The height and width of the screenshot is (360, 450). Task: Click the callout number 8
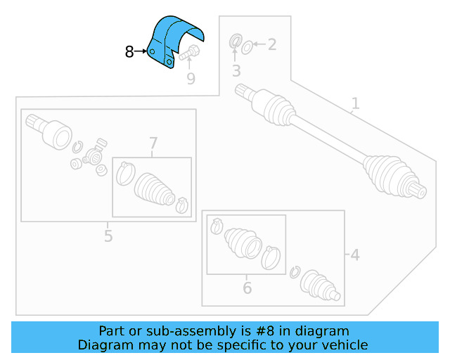click(129, 51)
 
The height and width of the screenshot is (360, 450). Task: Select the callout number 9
click(191, 79)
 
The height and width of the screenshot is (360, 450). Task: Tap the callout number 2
click(271, 45)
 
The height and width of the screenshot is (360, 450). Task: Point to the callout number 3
click(236, 70)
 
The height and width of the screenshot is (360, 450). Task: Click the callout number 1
click(355, 104)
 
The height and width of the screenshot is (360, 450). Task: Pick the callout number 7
click(153, 145)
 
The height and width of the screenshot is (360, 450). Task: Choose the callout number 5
click(108, 236)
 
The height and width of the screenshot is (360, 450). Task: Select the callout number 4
click(354, 255)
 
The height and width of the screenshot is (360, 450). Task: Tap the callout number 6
click(247, 288)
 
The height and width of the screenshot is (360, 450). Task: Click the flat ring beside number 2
click(247, 47)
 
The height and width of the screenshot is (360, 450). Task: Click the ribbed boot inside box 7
click(154, 187)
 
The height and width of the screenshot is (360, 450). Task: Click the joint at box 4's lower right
click(321, 288)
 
